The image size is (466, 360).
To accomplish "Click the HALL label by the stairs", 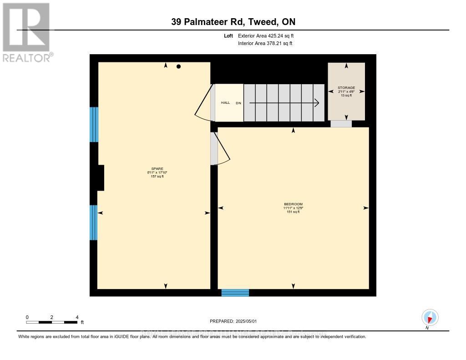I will coord(225,103).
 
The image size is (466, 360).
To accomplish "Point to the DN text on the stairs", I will coord(238,103).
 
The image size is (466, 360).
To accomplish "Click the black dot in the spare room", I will coord(179,66).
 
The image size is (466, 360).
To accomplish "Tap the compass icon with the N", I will coord(430,317).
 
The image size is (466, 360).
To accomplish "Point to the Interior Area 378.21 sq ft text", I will coord(265,44).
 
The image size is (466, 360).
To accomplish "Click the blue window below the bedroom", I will coord(235,293).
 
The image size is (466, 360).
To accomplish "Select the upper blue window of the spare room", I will coord(94,125).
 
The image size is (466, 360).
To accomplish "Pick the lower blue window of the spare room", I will coord(94,223).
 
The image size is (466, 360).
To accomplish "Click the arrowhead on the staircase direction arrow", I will coord(316,103).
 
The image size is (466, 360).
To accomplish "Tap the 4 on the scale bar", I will coord(77,317).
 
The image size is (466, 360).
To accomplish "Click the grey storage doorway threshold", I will coord(341,124).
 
